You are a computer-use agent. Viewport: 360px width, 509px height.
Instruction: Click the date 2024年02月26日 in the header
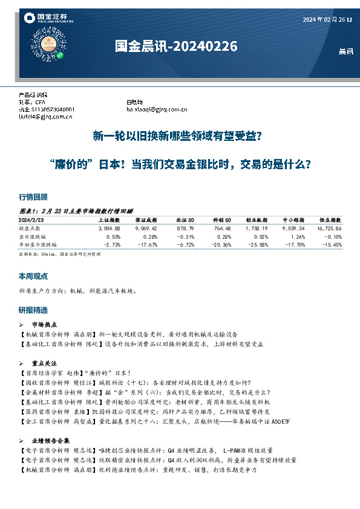coord(327,20)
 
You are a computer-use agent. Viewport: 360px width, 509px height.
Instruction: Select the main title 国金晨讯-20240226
coord(176,47)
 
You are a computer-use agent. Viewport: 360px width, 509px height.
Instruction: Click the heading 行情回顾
coord(33,197)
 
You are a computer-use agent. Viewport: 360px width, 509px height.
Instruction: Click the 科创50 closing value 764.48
coord(221,229)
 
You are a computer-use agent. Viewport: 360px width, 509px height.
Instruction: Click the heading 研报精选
coord(33,310)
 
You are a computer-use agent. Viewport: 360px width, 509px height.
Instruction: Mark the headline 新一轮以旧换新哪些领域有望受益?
coord(177,137)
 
